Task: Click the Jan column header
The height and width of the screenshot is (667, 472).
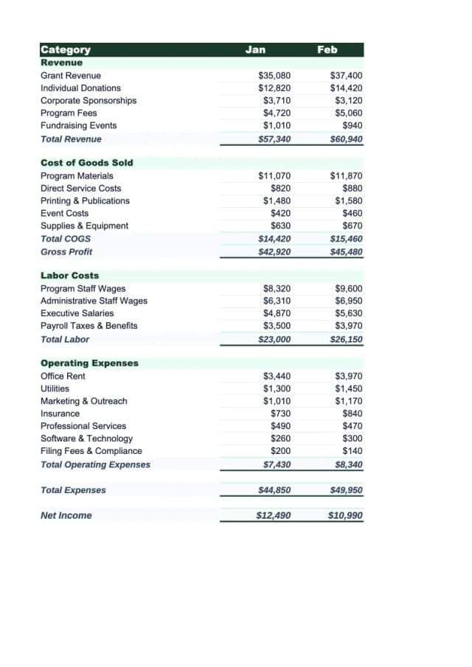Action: (x=255, y=49)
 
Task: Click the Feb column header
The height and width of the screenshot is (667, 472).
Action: (x=327, y=49)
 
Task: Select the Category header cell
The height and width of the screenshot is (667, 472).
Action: (x=66, y=49)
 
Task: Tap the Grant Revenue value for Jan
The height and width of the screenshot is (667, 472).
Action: (x=274, y=76)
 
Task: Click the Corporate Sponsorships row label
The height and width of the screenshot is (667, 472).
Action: (x=88, y=100)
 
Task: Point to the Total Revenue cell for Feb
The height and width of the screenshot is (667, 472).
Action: (x=346, y=139)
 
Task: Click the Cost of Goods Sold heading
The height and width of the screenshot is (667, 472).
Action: (x=86, y=163)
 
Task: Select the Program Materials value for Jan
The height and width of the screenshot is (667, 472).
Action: (x=274, y=176)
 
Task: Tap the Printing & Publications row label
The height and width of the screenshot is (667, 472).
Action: (x=85, y=200)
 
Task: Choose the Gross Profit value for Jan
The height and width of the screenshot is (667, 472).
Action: (x=274, y=252)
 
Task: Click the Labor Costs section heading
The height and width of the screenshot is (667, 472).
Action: (x=69, y=276)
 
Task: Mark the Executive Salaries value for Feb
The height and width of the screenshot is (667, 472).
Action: (x=348, y=313)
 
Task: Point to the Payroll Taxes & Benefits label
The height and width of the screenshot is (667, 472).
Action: (x=88, y=326)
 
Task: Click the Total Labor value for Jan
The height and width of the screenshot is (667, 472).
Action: (x=274, y=340)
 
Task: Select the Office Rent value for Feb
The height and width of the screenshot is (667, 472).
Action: (x=348, y=377)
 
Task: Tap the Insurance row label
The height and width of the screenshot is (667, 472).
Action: (x=60, y=413)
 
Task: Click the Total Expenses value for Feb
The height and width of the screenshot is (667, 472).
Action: (x=346, y=491)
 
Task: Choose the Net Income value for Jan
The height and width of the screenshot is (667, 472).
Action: (x=274, y=516)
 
